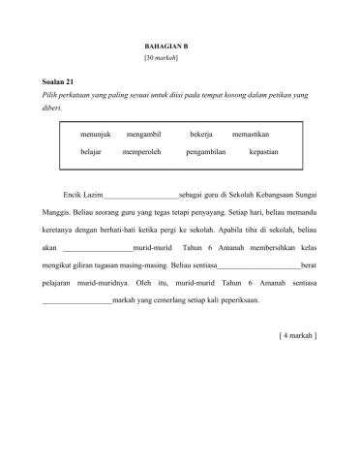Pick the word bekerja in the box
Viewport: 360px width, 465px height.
201,133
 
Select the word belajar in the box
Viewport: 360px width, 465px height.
95,153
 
